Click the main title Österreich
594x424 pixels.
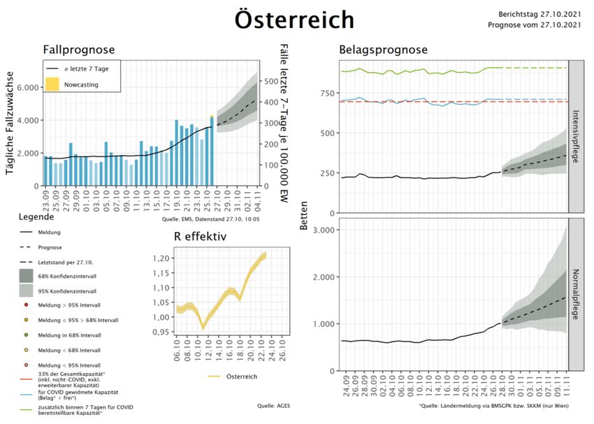[294, 20]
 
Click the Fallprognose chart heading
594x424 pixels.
[79, 50]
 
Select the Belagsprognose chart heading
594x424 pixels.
[383, 50]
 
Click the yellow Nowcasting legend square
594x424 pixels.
[52, 84]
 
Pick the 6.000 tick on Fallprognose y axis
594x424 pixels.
[28, 88]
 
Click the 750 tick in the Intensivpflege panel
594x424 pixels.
[322, 93]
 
